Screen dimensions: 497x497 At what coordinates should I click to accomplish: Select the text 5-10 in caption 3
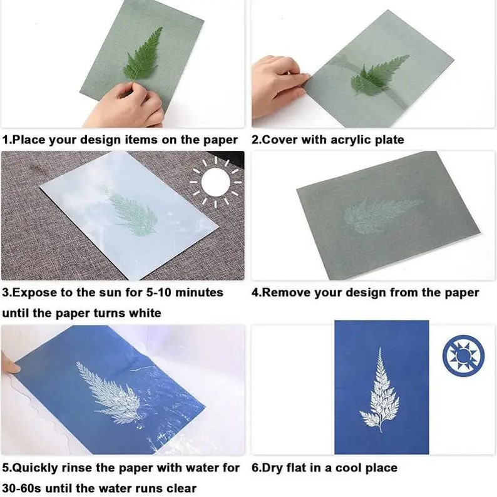[154, 292]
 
